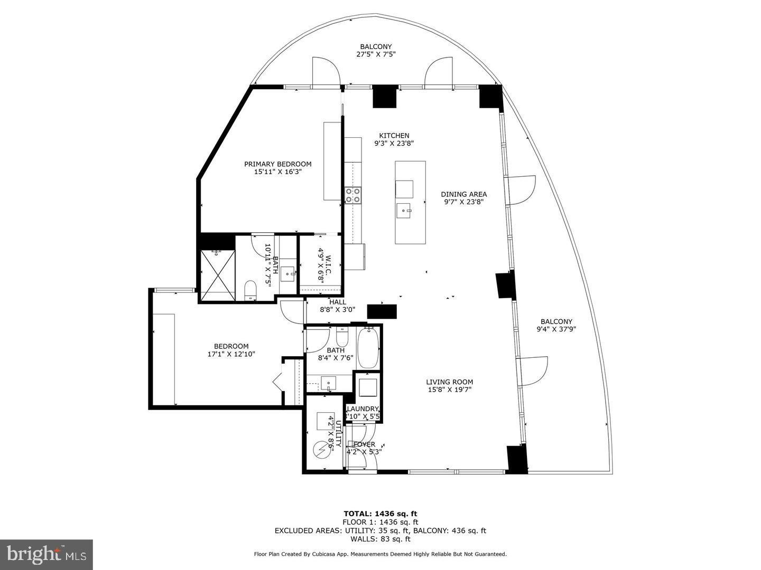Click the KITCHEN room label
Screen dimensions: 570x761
point(391,136)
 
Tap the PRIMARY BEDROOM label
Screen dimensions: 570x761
point(277,164)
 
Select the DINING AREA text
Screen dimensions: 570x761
point(463,194)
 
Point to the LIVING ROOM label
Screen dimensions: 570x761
point(449,382)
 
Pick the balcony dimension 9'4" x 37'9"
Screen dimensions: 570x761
point(556,329)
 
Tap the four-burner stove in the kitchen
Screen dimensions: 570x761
point(352,195)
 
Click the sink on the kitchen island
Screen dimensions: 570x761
point(405,210)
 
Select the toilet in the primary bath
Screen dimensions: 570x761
point(250,290)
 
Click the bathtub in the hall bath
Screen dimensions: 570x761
point(368,348)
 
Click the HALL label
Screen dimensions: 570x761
point(338,302)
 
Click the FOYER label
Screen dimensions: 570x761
point(364,444)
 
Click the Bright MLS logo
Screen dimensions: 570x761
point(47,554)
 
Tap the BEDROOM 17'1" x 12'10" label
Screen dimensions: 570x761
point(231,350)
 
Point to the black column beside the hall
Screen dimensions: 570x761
point(382,311)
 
